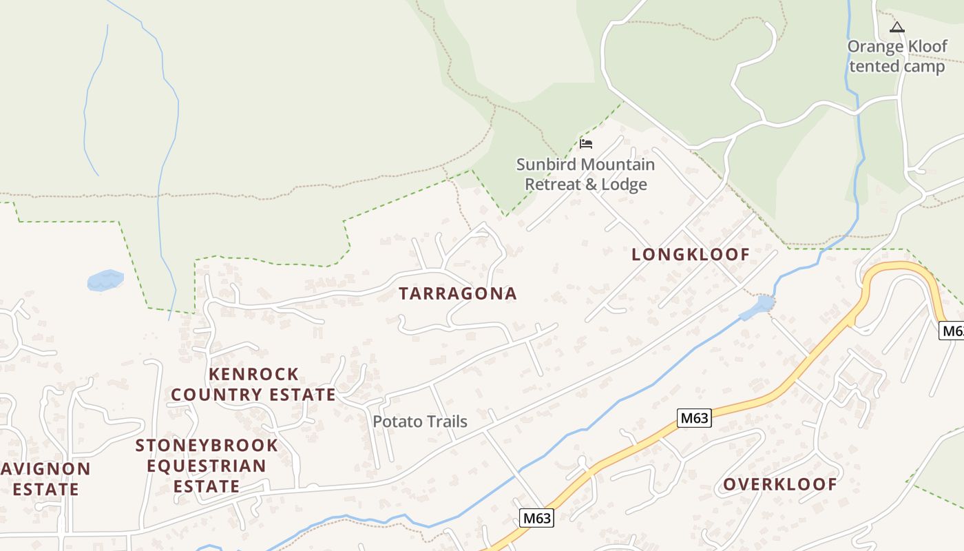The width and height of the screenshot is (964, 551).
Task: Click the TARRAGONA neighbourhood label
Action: pyautogui.click(x=458, y=293)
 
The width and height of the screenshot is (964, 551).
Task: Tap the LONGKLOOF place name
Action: pyautogui.click(x=691, y=254)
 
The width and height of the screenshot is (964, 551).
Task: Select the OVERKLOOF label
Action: pyautogui.click(x=779, y=484)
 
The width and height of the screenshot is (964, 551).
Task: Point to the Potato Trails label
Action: pyautogui.click(x=420, y=422)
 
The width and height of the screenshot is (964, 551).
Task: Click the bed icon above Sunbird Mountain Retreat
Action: pyautogui.click(x=586, y=143)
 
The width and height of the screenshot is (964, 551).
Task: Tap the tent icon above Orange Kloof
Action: pyautogui.click(x=896, y=28)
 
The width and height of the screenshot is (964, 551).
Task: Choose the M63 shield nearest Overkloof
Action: pyautogui.click(x=693, y=418)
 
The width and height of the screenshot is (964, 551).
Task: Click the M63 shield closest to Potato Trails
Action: pyautogui.click(x=536, y=518)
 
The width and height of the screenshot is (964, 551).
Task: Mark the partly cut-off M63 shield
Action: pyautogui.click(x=952, y=331)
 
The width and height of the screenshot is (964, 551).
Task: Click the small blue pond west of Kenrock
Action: pyautogui.click(x=105, y=280)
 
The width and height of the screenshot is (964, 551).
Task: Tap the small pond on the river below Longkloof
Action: pyautogui.click(x=764, y=304)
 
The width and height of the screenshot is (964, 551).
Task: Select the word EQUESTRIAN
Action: pyautogui.click(x=207, y=466)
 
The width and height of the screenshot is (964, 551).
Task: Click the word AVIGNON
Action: pyautogui.click(x=46, y=470)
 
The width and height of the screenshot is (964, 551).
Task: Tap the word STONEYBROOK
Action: pyautogui.click(x=207, y=446)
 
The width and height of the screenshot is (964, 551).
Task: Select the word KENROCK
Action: pyautogui.click(x=253, y=375)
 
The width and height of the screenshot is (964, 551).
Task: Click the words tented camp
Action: pyautogui.click(x=897, y=66)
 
